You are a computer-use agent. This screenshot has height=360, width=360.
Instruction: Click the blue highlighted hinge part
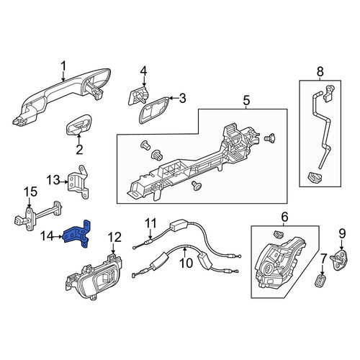coord(77,235)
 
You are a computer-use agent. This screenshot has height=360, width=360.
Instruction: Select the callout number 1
coord(63,66)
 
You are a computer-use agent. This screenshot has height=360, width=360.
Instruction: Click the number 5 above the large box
coord(246,101)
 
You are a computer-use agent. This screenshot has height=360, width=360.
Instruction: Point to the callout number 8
coord(320,72)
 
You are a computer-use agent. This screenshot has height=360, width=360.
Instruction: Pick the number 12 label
coord(115,238)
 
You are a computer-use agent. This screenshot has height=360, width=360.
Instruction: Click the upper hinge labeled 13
coord(79,181)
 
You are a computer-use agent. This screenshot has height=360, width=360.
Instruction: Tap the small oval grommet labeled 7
coord(320,280)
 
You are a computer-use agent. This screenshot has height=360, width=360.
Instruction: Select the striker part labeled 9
coord(339,260)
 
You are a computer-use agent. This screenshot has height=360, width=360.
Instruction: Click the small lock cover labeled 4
coord(138,96)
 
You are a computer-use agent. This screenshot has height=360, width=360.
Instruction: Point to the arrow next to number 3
coord(174,98)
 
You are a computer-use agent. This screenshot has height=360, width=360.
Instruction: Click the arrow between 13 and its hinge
coord(64,182)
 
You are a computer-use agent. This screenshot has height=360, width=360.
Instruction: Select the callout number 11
coord(151,223)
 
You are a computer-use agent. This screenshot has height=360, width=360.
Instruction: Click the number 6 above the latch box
coord(284,217)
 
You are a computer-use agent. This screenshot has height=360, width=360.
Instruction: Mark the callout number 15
coord(30,192)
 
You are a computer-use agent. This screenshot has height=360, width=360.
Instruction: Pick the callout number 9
coord(342,233)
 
